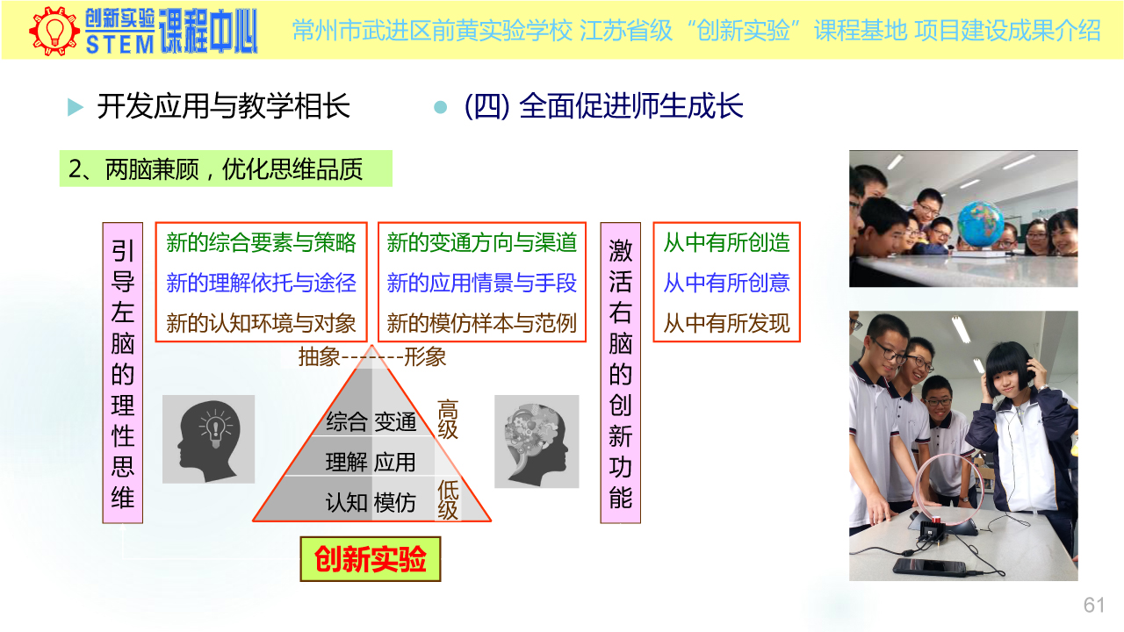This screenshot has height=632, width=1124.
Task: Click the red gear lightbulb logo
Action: [54, 31]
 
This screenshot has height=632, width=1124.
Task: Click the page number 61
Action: [1094, 605]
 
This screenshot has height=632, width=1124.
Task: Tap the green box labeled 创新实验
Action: [371, 559]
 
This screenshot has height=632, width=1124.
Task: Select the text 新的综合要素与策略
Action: [261, 243]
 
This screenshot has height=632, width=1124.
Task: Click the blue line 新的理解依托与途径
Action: [261, 283]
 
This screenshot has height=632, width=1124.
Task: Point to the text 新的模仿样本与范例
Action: [482, 323]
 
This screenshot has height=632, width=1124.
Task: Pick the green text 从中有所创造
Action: [726, 243]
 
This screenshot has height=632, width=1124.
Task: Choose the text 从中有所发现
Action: [726, 323]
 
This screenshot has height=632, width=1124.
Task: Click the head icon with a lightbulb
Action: [209, 440]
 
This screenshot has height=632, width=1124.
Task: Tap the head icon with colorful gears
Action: [537, 442]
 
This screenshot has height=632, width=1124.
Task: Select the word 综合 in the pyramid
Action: [346, 421]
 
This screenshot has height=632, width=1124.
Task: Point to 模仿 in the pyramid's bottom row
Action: [395, 502]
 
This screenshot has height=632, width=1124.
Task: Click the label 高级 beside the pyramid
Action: [448, 420]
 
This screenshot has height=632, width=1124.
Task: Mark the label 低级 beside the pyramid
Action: [448, 500]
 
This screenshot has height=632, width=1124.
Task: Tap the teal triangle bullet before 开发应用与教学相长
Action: [76, 107]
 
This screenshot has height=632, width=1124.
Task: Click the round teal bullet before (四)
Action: [440, 107]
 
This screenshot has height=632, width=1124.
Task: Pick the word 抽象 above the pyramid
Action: [320, 357]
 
